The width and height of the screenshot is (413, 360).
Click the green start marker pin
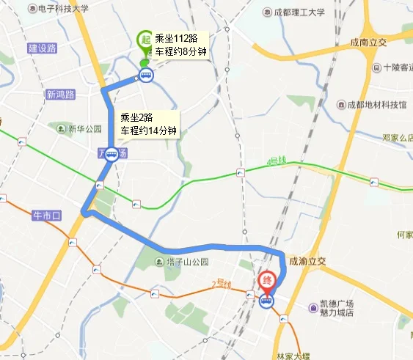(145, 42)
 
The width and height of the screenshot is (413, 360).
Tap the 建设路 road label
(43, 48)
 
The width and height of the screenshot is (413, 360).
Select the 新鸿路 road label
(60, 95)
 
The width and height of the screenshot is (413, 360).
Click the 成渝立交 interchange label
(307, 260)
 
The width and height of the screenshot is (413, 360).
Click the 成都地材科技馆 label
(381, 105)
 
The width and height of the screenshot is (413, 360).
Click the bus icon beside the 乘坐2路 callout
(112, 154)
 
